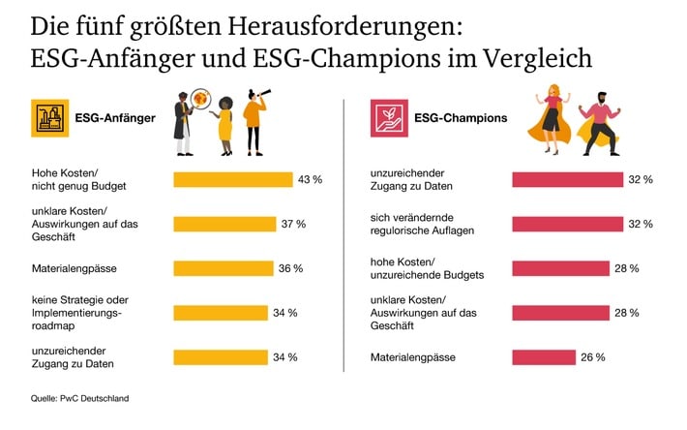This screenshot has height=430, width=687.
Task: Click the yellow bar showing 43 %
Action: coord(232,179)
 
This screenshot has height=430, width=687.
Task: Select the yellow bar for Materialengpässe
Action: coord(223,268)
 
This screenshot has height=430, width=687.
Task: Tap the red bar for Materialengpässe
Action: coord(544,357)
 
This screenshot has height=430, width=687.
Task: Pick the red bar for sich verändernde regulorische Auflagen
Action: coord(567,224)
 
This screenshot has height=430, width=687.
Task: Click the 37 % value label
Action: coord(294,224)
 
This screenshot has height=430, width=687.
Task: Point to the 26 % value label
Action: coord(593,357)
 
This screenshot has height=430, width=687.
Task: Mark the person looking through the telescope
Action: coord(255,122)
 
